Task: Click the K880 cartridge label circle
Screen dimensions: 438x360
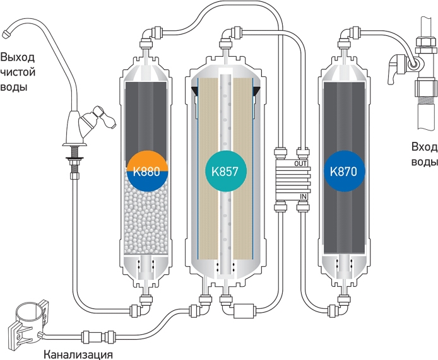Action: click(147, 171)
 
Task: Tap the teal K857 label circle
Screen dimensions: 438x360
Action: click(226, 171)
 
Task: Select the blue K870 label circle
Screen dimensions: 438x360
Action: click(345, 171)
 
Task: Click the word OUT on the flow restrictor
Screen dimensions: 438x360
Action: click(300, 163)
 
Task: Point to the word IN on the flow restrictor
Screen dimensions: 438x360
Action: click(304, 197)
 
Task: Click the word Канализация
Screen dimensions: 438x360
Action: click(78, 355)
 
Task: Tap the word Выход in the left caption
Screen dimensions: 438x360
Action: click(17, 57)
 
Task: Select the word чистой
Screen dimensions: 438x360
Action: click(18, 73)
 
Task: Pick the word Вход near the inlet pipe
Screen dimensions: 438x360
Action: click(424, 147)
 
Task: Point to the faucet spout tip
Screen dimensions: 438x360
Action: click(6, 34)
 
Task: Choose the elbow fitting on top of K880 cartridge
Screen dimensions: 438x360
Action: click(150, 36)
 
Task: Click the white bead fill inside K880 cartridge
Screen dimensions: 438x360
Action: click(146, 218)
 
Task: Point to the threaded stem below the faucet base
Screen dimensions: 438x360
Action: click(74, 162)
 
